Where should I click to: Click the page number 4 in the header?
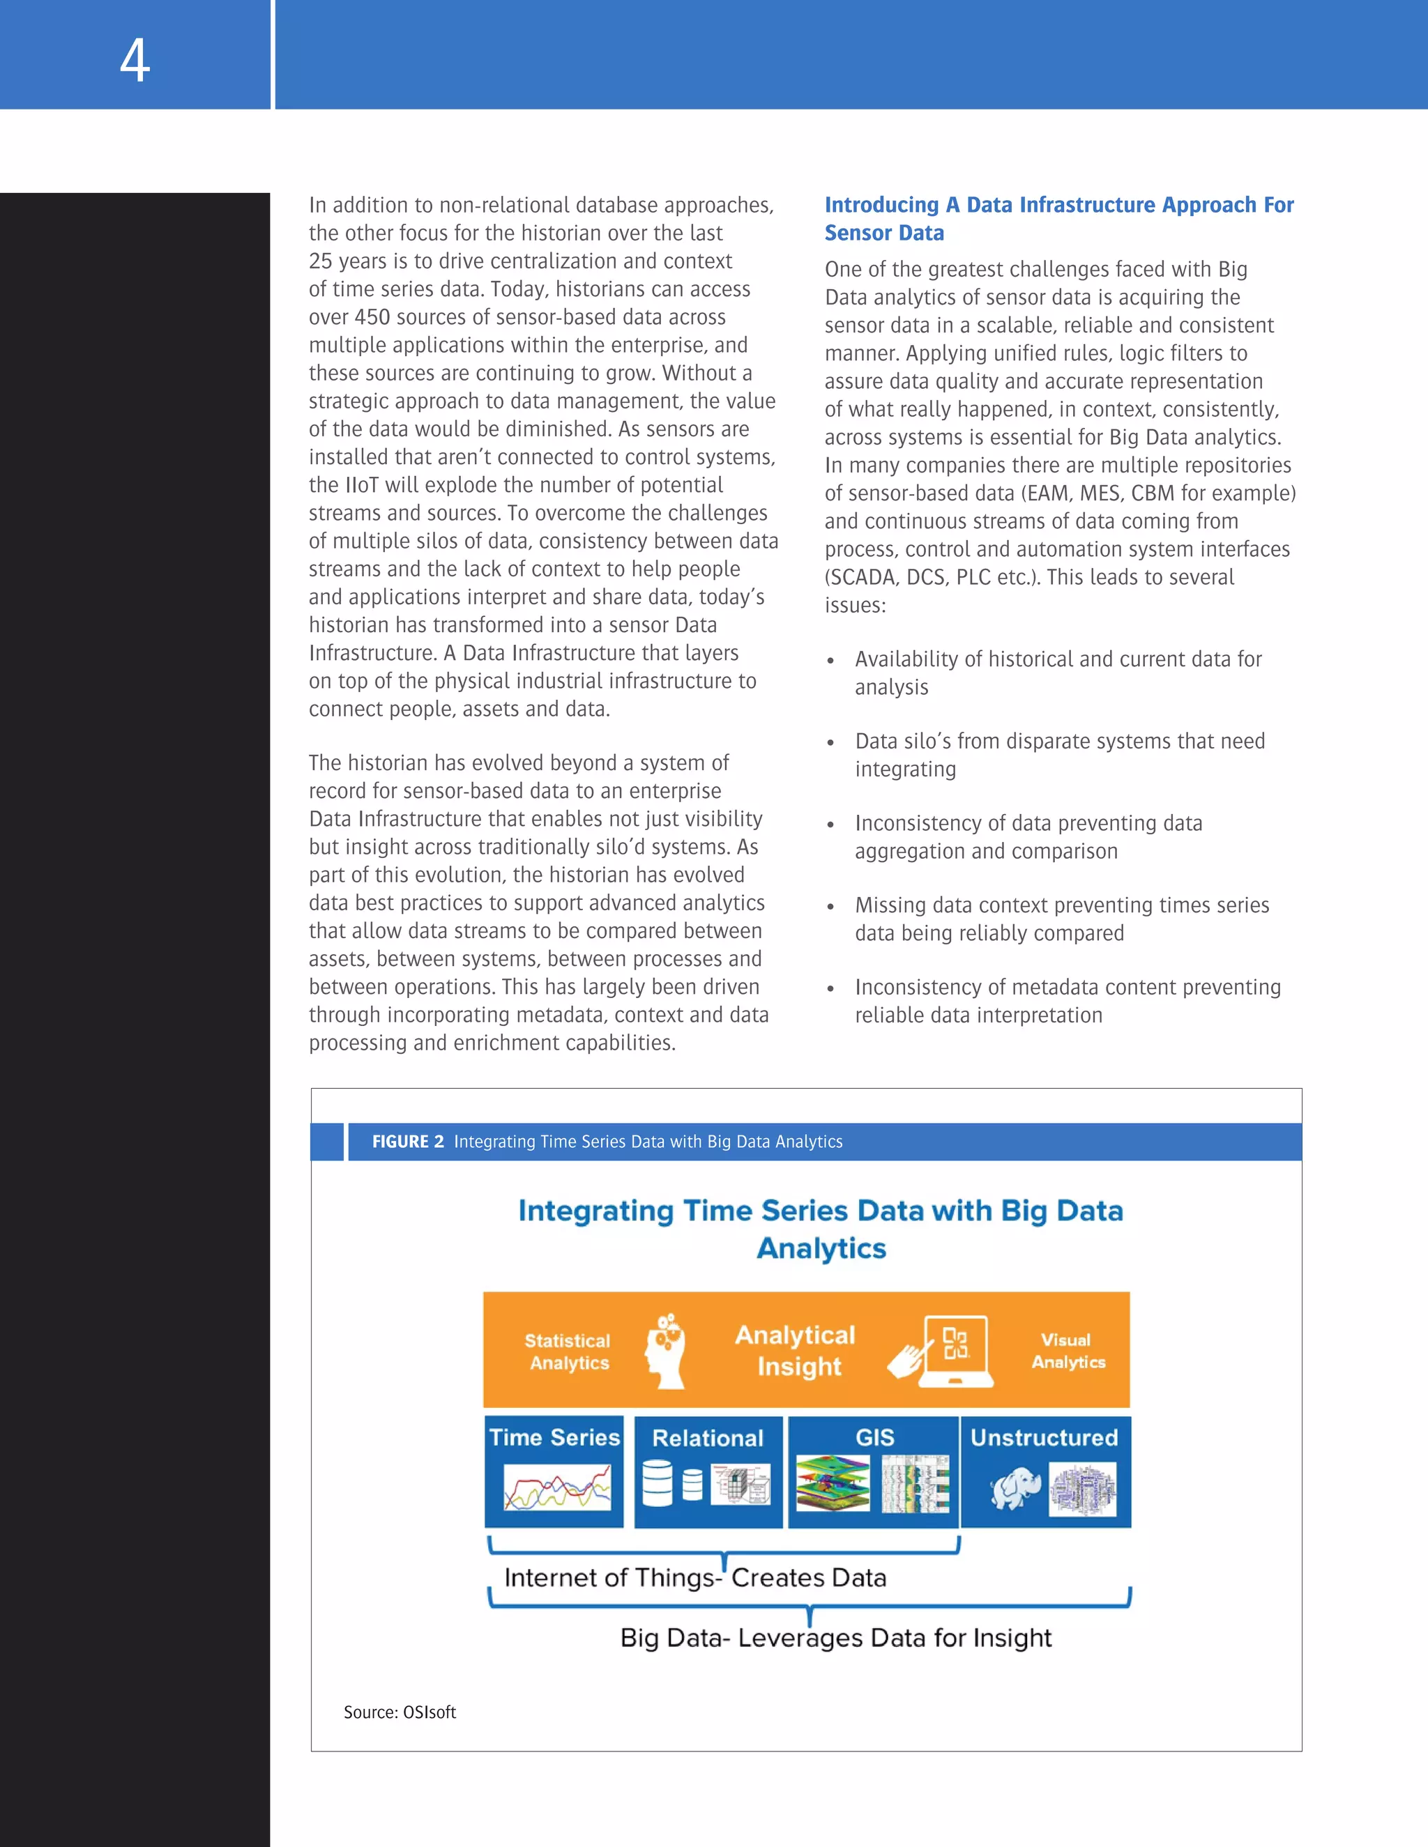135,61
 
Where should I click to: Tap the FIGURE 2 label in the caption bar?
408,1142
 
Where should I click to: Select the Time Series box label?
554,1438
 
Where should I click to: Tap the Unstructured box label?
1044,1438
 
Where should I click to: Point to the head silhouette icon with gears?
666,1351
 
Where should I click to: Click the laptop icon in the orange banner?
956,1350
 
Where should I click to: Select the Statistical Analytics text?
568,1351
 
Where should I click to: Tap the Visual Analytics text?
1067,1351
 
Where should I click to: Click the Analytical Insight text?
796,1350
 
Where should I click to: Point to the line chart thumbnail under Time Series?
556,1487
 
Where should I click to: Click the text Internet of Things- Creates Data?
694,1578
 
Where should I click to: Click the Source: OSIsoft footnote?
400,1712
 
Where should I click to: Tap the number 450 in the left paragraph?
372,317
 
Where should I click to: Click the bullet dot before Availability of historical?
830,661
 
